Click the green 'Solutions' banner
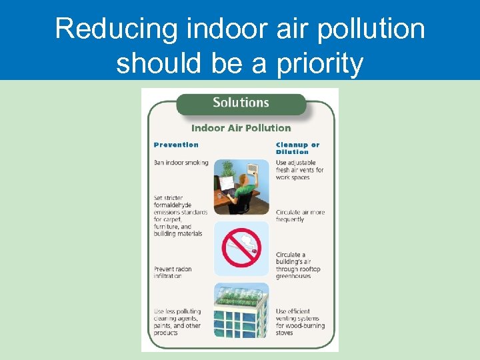tap(241, 103)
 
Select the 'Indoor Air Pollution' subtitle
tap(241, 128)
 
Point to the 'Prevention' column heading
tap(176, 145)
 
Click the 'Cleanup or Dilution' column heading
tap(297, 148)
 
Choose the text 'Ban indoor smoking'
tap(181, 162)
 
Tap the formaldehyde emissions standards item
tap(180, 215)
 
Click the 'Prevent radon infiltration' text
tap(173, 273)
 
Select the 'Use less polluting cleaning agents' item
tap(177, 322)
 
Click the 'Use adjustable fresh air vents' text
tap(299, 170)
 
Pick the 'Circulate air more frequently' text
tap(300, 215)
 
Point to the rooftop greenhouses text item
tap(298, 265)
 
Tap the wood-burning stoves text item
tap(301, 322)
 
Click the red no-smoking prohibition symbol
tap(241, 248)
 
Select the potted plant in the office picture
tap(226, 169)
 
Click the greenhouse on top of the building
tap(241, 295)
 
